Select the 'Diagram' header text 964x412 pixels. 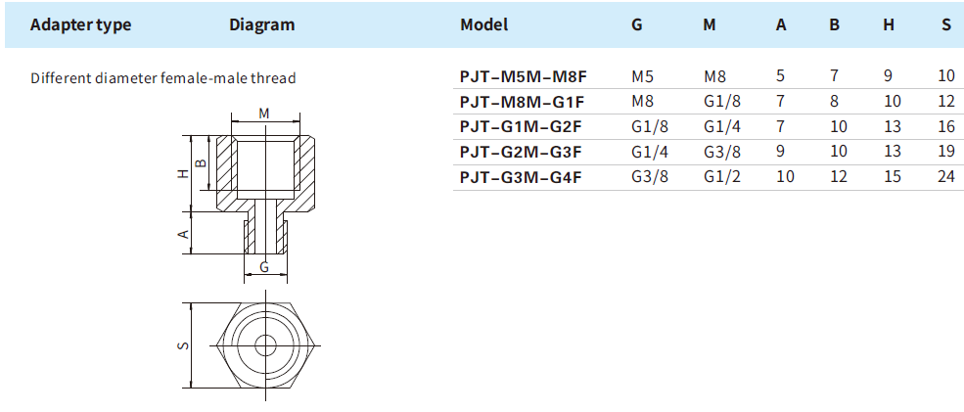coord(261,25)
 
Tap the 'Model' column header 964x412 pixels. coord(483,25)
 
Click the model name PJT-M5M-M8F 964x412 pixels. coord(523,75)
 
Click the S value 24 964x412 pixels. coord(944,177)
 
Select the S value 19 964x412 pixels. coord(944,152)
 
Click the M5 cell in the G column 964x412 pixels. coord(641,75)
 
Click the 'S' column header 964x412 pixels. coord(945,25)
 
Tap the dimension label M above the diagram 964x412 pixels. coord(264,114)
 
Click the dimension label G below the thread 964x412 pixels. coord(264,266)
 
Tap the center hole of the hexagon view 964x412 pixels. coord(264,344)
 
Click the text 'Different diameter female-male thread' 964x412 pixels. coord(162,77)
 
